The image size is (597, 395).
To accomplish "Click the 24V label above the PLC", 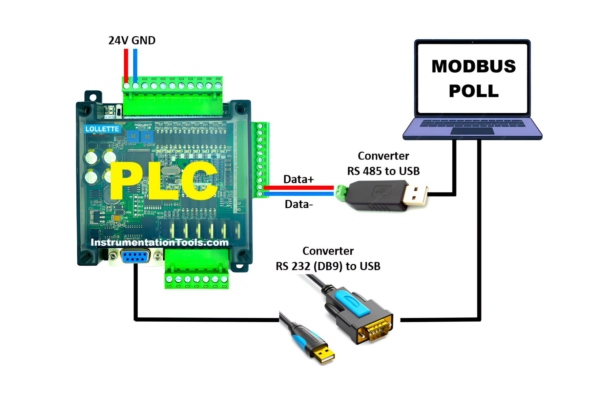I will click(x=118, y=41).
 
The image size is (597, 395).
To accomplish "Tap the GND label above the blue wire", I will click(x=143, y=41).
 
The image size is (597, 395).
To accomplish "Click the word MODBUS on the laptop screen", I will click(x=473, y=66).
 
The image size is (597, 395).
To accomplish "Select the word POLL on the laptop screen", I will click(x=473, y=91).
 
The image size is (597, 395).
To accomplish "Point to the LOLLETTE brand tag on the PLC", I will click(x=102, y=129).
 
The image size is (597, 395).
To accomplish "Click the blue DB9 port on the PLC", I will click(x=135, y=256).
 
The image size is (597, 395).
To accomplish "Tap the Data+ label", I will click(x=298, y=179).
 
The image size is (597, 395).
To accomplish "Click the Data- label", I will click(x=298, y=204).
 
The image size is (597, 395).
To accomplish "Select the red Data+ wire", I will click(x=298, y=188).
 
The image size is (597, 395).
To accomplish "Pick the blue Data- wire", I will click(x=298, y=194).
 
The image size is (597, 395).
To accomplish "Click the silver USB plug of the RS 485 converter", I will click(x=416, y=195).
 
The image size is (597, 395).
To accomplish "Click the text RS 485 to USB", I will click(x=383, y=171).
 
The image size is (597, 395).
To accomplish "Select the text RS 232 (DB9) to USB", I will click(x=328, y=266).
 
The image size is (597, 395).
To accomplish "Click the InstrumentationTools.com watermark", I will click(x=159, y=242).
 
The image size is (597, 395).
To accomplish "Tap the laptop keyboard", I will click(x=472, y=124).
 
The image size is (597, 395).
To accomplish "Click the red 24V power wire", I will click(x=126, y=66).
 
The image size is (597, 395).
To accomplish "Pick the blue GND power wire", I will click(x=135, y=66).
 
